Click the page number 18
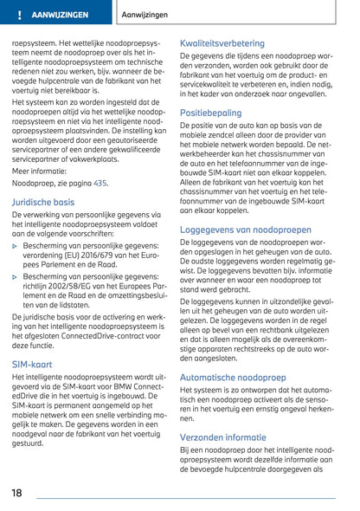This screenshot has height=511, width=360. pos(18,493)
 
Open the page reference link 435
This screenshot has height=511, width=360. pos(100,184)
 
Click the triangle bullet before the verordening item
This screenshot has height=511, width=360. pos(15,246)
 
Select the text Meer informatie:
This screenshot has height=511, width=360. pos(37,171)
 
